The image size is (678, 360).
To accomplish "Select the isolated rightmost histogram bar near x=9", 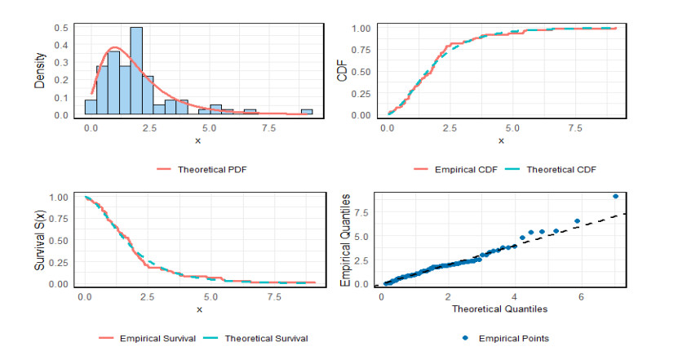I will click(307, 112).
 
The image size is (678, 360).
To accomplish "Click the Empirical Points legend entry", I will click(511, 338).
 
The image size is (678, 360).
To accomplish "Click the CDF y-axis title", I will click(343, 74).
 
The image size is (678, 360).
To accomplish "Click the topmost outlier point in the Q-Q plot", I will click(615, 196).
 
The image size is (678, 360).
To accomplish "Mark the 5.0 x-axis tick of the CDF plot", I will click(512, 128).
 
